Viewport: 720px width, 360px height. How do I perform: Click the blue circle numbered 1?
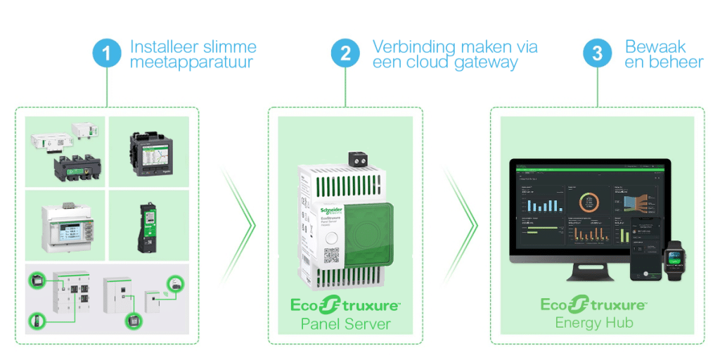click(x=108, y=54)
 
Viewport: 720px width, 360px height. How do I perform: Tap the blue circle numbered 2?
click(x=345, y=54)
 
